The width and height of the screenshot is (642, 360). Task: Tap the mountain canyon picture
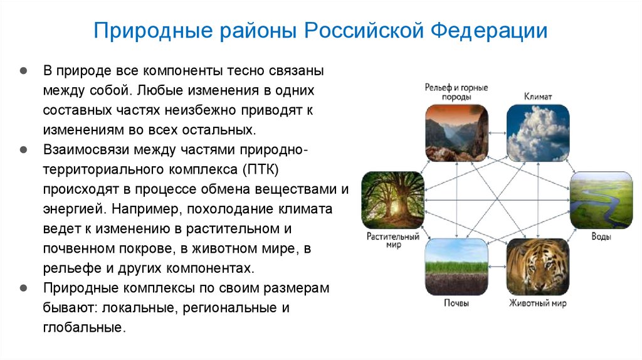coord(456,132)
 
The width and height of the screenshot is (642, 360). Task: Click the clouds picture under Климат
coord(537,132)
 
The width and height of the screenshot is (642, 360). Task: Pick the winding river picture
coord(601,200)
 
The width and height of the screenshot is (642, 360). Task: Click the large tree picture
coord(392,200)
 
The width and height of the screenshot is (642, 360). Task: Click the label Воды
coord(601,236)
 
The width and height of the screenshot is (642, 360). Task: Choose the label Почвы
coord(456,304)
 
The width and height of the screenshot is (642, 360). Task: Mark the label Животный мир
coord(537,304)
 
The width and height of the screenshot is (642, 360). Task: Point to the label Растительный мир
coord(392,241)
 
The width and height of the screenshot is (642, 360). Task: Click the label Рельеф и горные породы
coord(456,92)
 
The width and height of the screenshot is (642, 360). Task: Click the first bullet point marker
coord(23,70)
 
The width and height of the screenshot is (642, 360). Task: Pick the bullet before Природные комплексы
coord(23,289)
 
